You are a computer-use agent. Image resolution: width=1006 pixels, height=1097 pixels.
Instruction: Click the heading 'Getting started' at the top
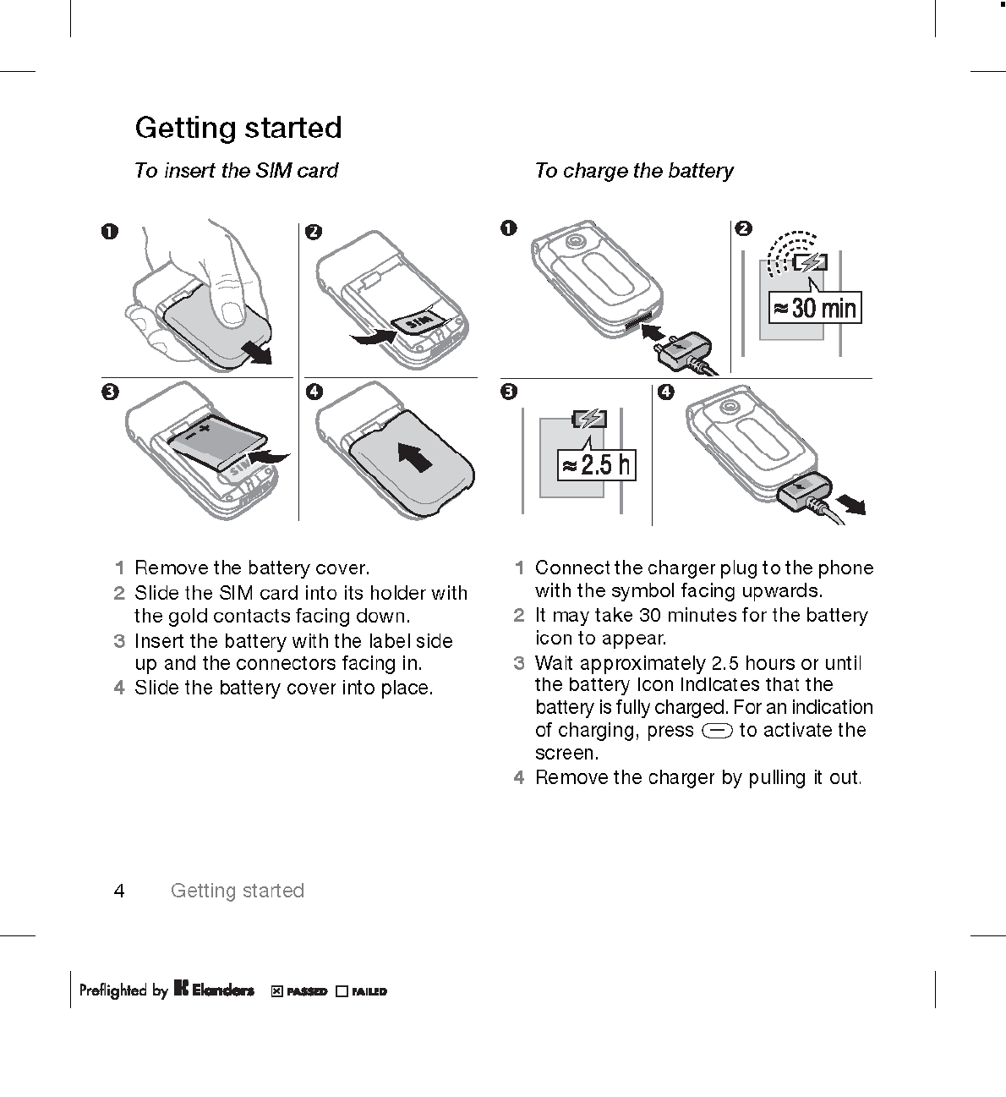coord(238,128)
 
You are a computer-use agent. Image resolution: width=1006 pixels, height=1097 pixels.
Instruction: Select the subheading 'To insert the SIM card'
coord(236,171)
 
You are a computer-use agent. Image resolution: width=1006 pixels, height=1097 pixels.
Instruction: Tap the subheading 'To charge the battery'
coord(634,171)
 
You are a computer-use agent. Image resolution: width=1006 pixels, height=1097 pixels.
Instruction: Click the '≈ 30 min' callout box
coord(814,307)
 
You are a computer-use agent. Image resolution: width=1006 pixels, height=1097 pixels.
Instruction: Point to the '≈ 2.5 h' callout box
coord(597,464)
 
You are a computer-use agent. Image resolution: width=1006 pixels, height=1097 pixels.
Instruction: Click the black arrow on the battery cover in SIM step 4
coord(414,458)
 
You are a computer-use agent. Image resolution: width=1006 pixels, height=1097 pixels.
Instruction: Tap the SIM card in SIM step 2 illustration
coord(419,321)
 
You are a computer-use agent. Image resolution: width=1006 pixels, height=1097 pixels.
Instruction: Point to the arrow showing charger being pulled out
coord(849,504)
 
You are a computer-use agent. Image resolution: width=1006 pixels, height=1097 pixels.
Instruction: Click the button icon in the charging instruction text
coord(716,731)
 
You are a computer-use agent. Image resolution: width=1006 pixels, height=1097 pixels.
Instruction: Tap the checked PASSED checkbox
coord(276,991)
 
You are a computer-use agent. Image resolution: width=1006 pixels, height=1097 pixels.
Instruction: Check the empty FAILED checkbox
coord(342,991)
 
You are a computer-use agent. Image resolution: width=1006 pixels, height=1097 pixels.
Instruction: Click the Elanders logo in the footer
coord(214,990)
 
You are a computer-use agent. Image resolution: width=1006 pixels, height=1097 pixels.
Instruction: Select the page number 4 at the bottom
coord(119,891)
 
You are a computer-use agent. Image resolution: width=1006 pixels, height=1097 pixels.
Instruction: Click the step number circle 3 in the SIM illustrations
coord(109,392)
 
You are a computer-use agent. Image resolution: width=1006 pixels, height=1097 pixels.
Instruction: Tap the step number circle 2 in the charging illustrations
coord(743,228)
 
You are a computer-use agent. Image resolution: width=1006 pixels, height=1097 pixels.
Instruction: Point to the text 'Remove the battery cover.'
coord(252,568)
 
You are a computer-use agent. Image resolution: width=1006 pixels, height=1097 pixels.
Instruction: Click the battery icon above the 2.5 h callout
coord(589,418)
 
